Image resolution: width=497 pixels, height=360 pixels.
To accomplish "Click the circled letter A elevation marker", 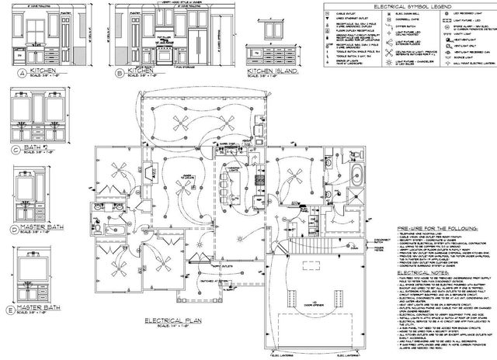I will tap(19, 72).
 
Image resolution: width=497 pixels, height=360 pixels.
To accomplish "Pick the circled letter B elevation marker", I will tap(120, 73).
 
